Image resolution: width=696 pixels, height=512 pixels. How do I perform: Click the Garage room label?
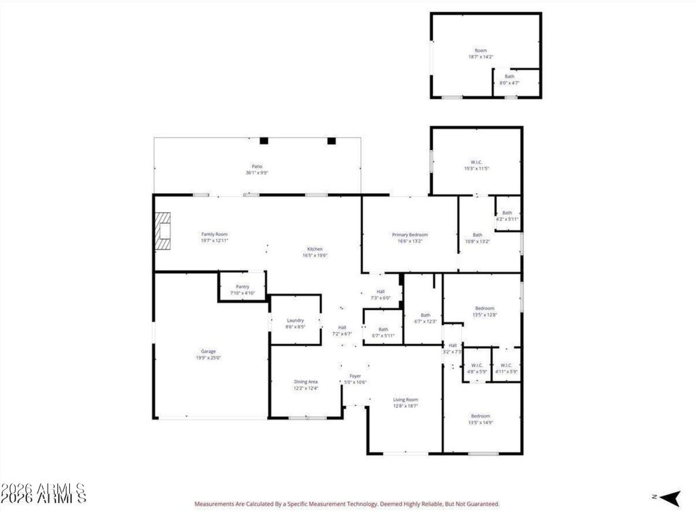tap(208, 352)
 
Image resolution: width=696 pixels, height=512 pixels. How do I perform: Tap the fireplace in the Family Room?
tap(162, 232)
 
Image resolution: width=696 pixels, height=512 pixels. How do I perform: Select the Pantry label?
tap(242, 286)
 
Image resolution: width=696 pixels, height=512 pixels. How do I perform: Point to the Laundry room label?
tap(295, 320)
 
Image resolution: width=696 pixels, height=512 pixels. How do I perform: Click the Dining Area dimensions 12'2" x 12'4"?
tap(305, 388)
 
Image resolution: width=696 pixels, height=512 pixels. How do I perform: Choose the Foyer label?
tap(355, 375)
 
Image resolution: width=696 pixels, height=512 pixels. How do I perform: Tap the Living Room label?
tap(405, 399)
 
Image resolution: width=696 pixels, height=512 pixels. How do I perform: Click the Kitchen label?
tap(314, 249)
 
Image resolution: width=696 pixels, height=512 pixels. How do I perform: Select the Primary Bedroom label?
tap(410, 235)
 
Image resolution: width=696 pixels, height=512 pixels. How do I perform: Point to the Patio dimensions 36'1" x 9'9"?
tap(257, 173)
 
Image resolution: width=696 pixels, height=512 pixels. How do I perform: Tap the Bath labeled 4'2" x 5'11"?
tap(507, 216)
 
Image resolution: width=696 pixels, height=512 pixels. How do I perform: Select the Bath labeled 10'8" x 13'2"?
tap(477, 238)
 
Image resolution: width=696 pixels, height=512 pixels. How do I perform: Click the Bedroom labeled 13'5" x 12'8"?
tap(485, 311)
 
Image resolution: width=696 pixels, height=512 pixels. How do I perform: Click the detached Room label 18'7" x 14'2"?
tap(480, 54)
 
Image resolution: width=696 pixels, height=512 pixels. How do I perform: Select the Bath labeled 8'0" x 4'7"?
tap(509, 79)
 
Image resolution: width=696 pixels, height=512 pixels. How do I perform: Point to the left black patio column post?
tap(264, 141)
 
